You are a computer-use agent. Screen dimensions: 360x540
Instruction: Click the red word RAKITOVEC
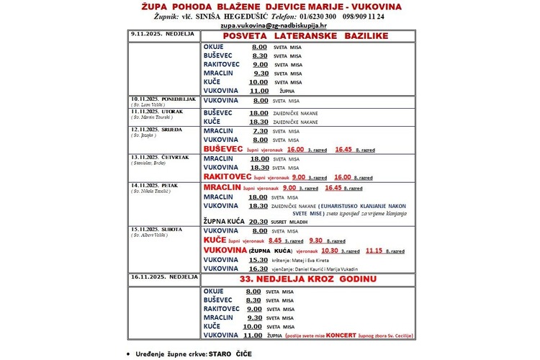pos(228,176)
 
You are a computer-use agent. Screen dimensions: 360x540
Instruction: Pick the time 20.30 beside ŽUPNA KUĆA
pos(258,222)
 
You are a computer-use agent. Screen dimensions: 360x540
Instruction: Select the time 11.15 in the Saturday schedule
pos(374,251)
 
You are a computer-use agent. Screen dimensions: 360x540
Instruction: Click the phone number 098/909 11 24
pos(364,16)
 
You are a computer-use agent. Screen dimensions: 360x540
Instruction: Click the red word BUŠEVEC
pos(223,149)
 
